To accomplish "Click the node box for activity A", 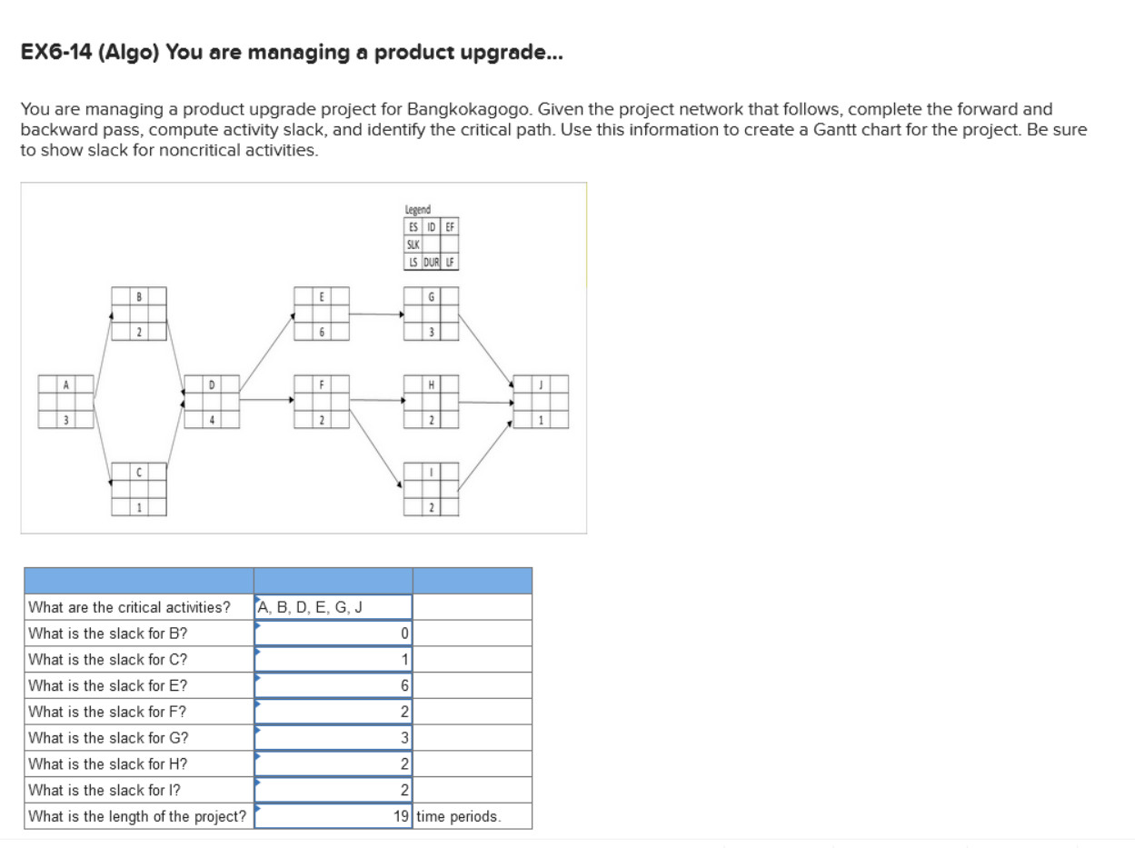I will tap(65, 402).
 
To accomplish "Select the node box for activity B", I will tap(139, 314).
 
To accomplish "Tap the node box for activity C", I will tap(139, 490).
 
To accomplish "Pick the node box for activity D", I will tap(212, 402).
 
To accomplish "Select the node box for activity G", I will tap(431, 314).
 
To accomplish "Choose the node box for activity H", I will tap(431, 402).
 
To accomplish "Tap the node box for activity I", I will tap(431, 490).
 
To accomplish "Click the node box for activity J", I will tap(541, 402).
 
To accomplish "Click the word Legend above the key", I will tap(418, 209).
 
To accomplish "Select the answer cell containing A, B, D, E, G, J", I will tap(333, 607).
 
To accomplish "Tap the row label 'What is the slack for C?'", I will tap(108, 660).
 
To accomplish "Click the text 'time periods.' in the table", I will tap(458, 816).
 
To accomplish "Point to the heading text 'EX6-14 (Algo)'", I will tap(91, 53).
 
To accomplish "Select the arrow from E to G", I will tap(376, 314).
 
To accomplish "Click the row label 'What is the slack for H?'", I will tap(108, 764).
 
